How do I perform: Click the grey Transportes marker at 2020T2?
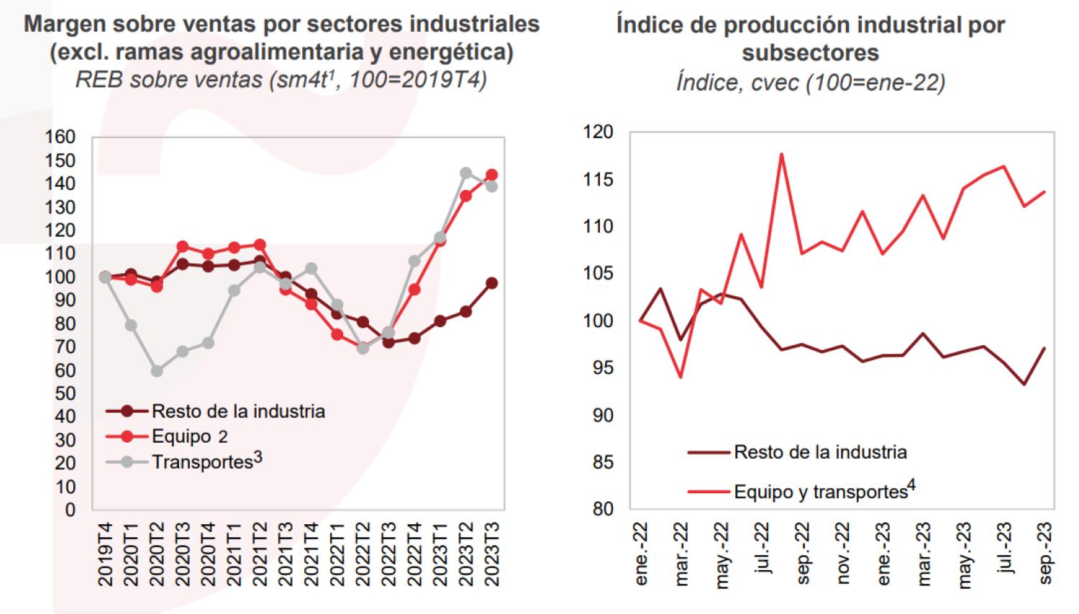pos(157,371)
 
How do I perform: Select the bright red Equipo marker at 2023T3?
pos(492,175)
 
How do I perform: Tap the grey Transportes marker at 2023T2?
pos(466,173)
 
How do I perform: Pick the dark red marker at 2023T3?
pos(492,283)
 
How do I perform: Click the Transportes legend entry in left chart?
pos(206,461)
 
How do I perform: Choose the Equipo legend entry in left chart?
pos(188,436)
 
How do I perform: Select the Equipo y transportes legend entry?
pos(823,492)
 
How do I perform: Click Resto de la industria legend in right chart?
pos(819,452)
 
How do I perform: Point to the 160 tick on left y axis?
pos(60,137)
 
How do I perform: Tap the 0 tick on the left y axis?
pos(70,510)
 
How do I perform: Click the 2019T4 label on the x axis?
pos(105,554)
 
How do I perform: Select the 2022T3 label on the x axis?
pos(388,554)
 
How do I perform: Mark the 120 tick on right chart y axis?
pos(598,132)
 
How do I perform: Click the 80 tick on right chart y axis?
pos(603,509)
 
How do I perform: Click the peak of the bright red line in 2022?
pos(781,154)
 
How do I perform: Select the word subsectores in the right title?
pos(810,52)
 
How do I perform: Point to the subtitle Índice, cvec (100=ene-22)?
pos(810,82)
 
